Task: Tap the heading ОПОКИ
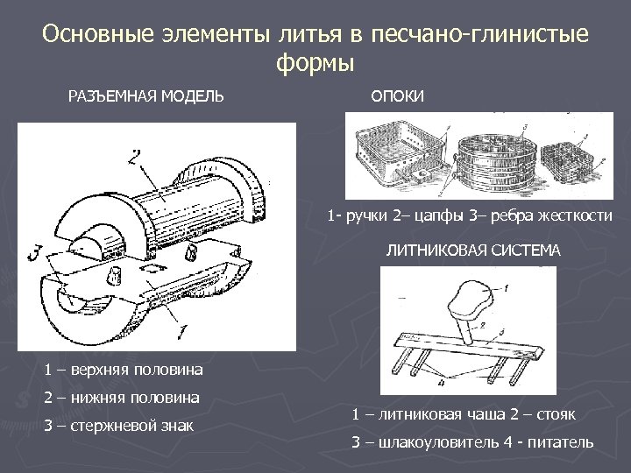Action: tap(397, 95)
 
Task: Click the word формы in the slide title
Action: tap(315, 63)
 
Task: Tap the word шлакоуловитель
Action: tap(434, 442)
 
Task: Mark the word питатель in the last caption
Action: tap(562, 442)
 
